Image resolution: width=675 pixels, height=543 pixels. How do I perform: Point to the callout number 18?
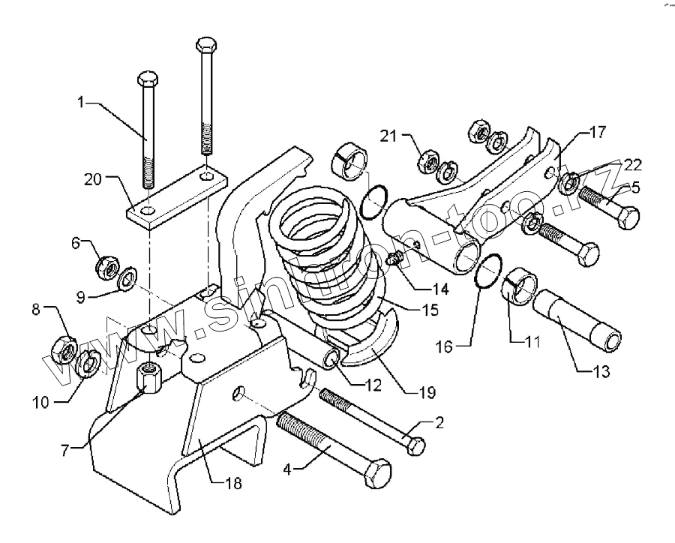(x=234, y=484)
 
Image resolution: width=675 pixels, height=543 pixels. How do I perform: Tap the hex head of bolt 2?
(x=414, y=445)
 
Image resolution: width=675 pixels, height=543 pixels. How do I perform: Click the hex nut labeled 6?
(x=107, y=264)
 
